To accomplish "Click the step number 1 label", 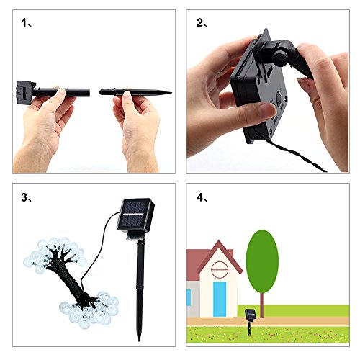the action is click(x=27, y=23).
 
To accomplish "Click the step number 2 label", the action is click(x=202, y=23).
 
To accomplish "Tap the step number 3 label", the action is click(x=27, y=197).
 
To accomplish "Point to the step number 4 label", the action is click(x=202, y=197).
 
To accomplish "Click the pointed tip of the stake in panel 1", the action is click(x=171, y=92).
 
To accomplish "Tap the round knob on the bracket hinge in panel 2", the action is click(x=280, y=59).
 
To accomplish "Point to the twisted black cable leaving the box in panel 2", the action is click(x=292, y=152).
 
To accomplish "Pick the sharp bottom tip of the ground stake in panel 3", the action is click(x=139, y=340).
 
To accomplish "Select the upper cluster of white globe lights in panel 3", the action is click(x=55, y=255).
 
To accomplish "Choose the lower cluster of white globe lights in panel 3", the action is click(x=89, y=309).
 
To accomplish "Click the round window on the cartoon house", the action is click(x=220, y=270).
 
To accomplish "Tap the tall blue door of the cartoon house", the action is click(x=220, y=300).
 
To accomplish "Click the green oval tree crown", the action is click(x=262, y=261).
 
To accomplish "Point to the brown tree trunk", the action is click(x=262, y=305).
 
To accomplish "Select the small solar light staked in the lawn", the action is click(x=250, y=322).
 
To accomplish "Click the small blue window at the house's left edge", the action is click(x=189, y=297).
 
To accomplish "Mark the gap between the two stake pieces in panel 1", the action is click(x=95, y=92).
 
